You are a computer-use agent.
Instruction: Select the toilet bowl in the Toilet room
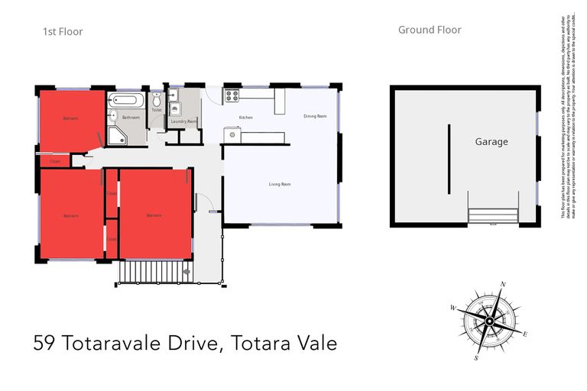157,101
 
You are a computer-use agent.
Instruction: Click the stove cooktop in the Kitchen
231,96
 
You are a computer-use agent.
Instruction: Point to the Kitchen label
245,117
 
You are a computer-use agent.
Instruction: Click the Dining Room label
315,116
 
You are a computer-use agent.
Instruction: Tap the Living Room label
280,184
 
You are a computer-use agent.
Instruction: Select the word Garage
491,142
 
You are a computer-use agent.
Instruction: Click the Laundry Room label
184,121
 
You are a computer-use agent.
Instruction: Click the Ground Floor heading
430,31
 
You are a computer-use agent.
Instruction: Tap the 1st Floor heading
63,32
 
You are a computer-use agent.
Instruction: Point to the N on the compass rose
502,285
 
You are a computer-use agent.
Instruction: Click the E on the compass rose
525,334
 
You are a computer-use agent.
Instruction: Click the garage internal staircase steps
492,216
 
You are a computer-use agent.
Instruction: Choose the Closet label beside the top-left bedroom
55,161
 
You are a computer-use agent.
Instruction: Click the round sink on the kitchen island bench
230,134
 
